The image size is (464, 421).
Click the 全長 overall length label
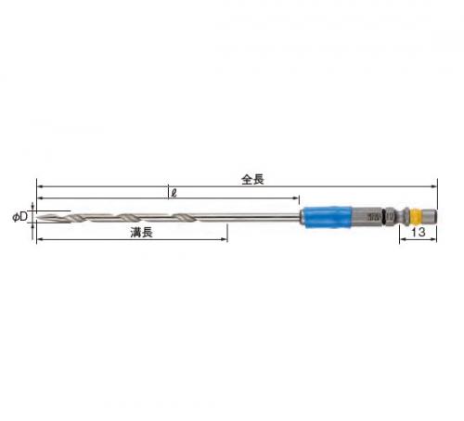tap(252, 179)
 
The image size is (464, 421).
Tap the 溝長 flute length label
tap(141, 233)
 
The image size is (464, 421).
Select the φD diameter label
tap(19, 217)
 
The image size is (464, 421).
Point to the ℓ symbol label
tap(174, 194)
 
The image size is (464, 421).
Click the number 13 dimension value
tap(418, 232)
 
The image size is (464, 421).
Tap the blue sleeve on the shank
tap(328, 217)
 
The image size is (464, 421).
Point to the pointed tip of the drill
tap(37, 217)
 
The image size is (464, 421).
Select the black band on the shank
tap(384, 217)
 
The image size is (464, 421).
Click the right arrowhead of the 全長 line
tap(434, 186)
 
